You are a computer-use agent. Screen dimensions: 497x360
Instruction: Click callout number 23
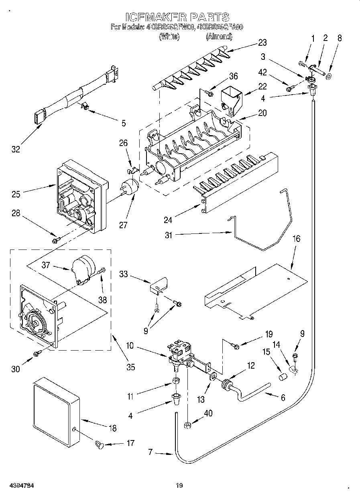coord(262,42)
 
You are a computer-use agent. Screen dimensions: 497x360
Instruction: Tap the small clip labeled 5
coord(85,106)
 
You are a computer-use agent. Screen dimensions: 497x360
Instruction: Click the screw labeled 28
coord(56,240)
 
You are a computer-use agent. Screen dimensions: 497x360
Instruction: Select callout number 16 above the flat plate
coord(296,239)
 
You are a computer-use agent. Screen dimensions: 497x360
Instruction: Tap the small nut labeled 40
coord(187,424)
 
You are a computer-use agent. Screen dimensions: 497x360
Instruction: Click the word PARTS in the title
coord(209,17)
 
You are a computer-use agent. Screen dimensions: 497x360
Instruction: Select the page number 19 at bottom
coord(179,486)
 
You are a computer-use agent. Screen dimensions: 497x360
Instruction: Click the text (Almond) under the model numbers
coord(219,37)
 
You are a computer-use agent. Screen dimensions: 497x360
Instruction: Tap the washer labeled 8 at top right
coord(329,76)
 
